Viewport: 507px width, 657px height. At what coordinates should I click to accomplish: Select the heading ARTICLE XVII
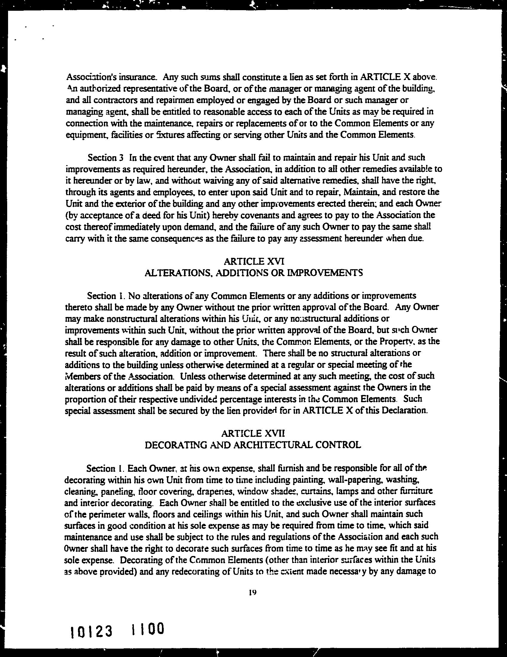(x=252, y=434)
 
